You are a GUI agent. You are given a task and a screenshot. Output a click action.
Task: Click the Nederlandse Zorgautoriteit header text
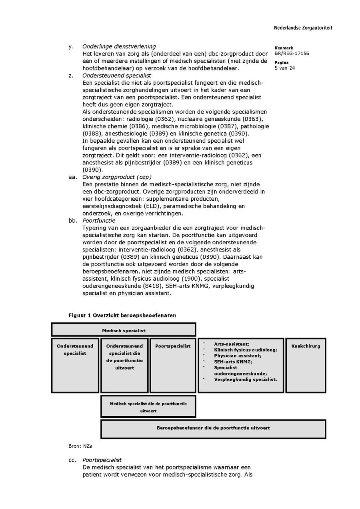point(303,28)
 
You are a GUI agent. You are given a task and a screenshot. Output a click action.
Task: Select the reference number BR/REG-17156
point(292,54)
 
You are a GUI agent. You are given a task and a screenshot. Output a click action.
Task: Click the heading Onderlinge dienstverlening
point(119,47)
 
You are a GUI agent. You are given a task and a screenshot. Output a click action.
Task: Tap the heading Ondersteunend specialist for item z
point(116,76)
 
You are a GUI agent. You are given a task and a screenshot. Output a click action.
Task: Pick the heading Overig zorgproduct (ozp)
point(117,177)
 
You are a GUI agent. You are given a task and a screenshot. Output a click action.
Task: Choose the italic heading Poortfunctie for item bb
point(99,221)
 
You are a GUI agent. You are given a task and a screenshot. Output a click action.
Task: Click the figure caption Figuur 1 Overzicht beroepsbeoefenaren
point(122,315)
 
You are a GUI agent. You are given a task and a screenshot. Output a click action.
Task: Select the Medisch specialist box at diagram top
point(124,330)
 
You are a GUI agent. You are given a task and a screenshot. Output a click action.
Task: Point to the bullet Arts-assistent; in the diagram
point(232,344)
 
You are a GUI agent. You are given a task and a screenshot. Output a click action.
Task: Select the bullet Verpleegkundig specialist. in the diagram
point(245,379)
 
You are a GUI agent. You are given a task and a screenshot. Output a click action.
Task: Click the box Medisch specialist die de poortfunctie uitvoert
point(148,407)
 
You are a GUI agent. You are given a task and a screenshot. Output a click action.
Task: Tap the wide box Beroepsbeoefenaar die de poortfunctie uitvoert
point(213,428)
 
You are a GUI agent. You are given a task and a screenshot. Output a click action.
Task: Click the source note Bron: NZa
point(77,446)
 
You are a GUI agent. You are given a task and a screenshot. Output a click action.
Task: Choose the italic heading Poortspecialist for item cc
point(102,460)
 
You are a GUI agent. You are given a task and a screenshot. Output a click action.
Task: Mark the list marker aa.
point(72,177)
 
